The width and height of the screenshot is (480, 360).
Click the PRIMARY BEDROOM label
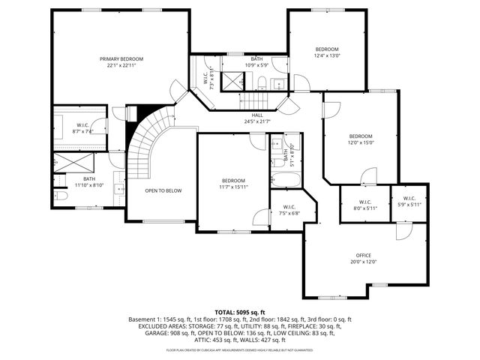pyautogui.click(x=121, y=58)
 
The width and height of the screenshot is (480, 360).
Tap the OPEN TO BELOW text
pyautogui.click(x=163, y=190)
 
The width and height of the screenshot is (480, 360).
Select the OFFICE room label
pyautogui.click(x=364, y=255)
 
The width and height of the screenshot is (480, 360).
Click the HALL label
pyautogui.click(x=256, y=115)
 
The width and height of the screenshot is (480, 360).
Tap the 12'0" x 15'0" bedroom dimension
pyautogui.click(x=360, y=142)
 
